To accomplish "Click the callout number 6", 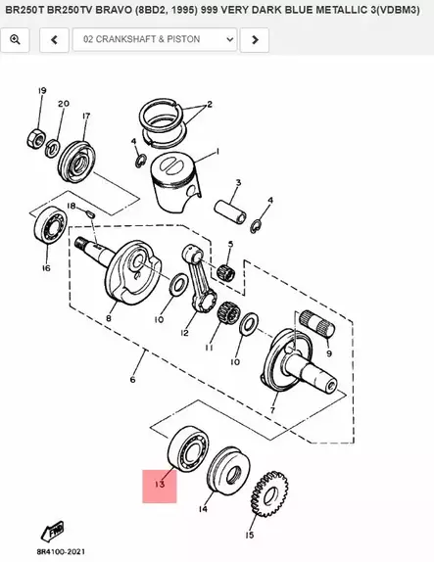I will point(133,380).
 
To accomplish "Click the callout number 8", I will point(108,318).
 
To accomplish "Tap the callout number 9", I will point(329,353).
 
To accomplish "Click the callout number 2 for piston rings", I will point(209,104).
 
